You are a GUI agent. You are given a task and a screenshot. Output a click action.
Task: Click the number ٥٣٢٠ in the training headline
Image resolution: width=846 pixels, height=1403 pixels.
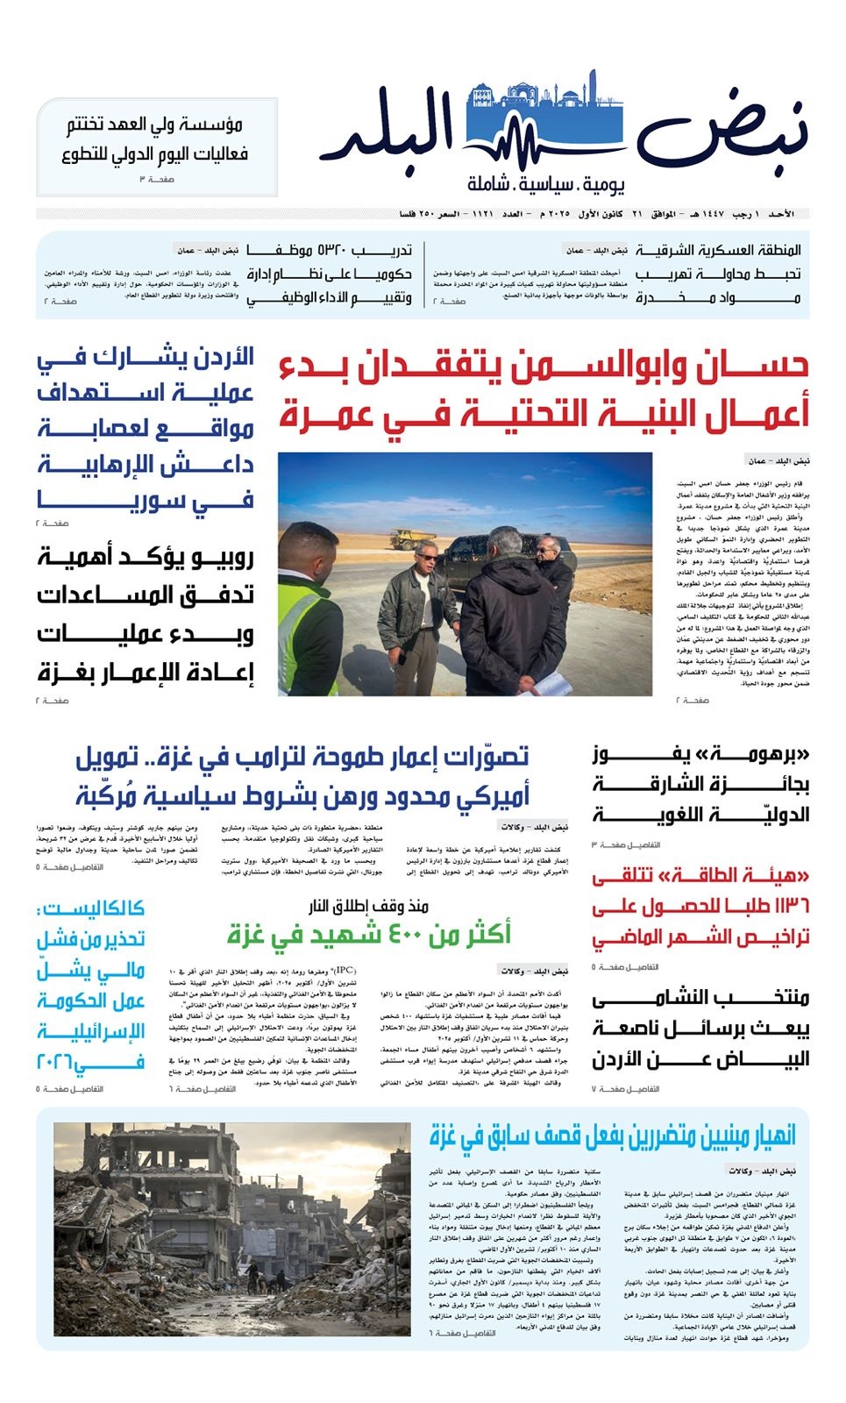(341, 251)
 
